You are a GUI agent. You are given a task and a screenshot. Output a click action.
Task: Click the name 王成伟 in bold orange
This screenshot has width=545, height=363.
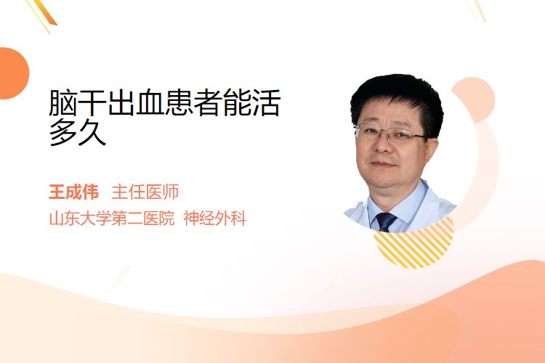pyautogui.click(x=73, y=192)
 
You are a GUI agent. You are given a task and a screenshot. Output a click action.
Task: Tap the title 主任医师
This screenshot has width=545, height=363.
pyautogui.click(x=145, y=192)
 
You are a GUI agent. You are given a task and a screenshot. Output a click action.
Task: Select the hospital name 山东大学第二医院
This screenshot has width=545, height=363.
pyautogui.click(x=112, y=219)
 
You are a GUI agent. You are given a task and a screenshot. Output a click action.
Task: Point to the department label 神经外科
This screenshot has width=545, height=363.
pyautogui.click(x=215, y=219)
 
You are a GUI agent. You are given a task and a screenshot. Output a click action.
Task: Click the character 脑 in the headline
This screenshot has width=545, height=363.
pyautogui.click(x=63, y=102)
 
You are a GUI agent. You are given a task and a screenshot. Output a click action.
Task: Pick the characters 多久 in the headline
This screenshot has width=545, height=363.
pyautogui.click(x=78, y=132)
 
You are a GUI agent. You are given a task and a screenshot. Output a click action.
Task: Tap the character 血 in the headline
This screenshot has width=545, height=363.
pyautogui.click(x=150, y=102)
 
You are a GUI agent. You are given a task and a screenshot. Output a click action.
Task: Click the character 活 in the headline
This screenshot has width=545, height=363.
pyautogui.click(x=266, y=102)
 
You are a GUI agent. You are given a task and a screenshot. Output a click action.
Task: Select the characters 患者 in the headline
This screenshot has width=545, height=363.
pyautogui.click(x=193, y=102)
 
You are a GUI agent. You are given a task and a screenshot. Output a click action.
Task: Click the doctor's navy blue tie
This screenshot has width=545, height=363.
pyautogui.click(x=385, y=222)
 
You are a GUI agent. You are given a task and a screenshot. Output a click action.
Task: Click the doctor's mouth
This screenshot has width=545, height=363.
pyautogui.click(x=382, y=164)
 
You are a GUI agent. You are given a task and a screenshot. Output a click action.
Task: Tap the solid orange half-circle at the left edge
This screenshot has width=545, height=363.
pyautogui.click(x=13, y=73)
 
